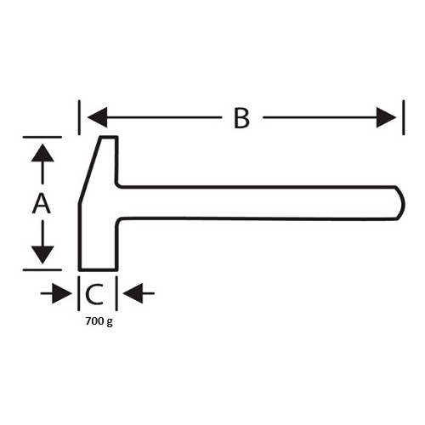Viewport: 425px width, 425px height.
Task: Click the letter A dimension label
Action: click(42, 203)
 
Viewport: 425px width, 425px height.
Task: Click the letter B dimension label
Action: click(241, 118)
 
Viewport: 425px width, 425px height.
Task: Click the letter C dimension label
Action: click(94, 294)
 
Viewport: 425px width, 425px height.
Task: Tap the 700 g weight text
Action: click(99, 321)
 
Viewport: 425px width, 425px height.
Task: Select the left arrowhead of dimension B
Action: click(97, 117)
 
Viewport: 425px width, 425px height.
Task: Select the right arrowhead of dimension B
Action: click(386, 117)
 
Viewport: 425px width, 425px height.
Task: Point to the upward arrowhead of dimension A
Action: click(42, 153)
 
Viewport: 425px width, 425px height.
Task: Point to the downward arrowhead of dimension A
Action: click(42, 255)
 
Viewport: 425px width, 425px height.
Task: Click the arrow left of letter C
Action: click(56, 293)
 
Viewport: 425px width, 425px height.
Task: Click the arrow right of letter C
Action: click(139, 293)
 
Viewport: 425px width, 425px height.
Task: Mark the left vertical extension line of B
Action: click(79, 117)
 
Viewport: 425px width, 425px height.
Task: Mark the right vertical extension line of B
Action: click(404, 117)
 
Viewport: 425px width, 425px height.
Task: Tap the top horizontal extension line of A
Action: click(42, 137)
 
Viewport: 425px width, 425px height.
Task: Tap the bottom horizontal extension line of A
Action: click(42, 270)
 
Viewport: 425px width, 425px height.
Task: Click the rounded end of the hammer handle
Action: click(400, 203)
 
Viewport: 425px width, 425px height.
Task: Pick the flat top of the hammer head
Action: click(109, 138)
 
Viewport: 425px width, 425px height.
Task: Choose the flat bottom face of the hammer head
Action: click(98, 269)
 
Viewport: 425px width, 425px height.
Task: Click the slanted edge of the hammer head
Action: click(89, 170)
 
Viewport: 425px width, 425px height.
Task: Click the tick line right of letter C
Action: click(116, 293)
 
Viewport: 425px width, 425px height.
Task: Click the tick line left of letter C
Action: click(79, 293)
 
